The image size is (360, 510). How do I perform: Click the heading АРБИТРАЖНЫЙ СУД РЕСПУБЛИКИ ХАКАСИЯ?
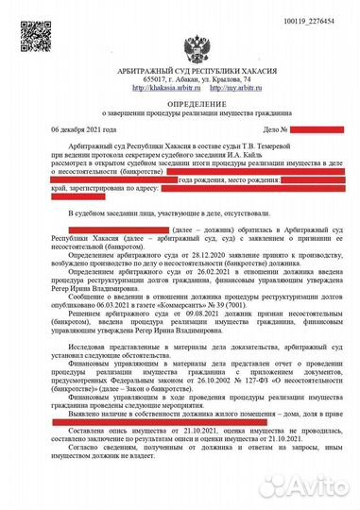tap(179, 73)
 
